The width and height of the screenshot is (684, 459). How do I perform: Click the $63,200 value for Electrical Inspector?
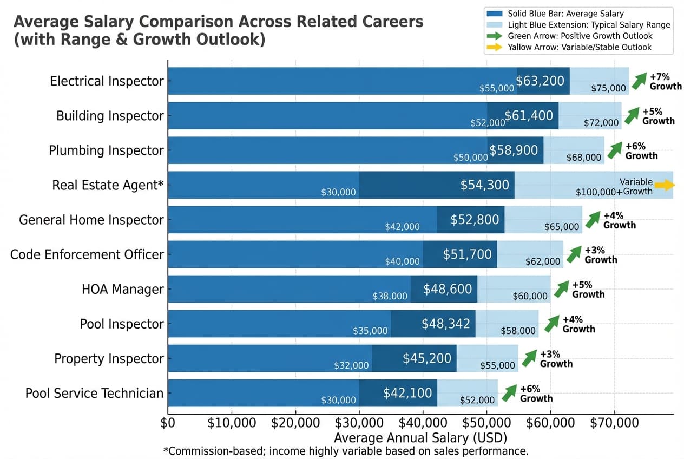pos(540,81)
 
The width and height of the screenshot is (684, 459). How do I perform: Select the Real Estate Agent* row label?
pos(108,185)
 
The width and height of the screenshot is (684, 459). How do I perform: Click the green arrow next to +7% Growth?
pos(639,81)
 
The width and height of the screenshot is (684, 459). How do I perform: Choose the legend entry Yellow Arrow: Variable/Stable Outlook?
pos(580,48)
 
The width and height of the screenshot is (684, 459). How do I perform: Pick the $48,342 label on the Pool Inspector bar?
pos(446,324)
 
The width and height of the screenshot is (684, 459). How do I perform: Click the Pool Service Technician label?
pos(94,393)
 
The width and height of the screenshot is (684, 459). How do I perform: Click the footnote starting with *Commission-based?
pos(345,451)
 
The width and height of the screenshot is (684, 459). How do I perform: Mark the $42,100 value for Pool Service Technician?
pos(407,393)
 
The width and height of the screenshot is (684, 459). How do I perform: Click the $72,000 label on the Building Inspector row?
pos(601,123)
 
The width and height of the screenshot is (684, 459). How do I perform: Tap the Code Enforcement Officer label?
pos(87,254)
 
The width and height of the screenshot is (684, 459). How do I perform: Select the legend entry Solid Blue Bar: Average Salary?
pos(565,14)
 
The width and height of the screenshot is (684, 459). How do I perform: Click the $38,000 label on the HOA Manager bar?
pos(390,296)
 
